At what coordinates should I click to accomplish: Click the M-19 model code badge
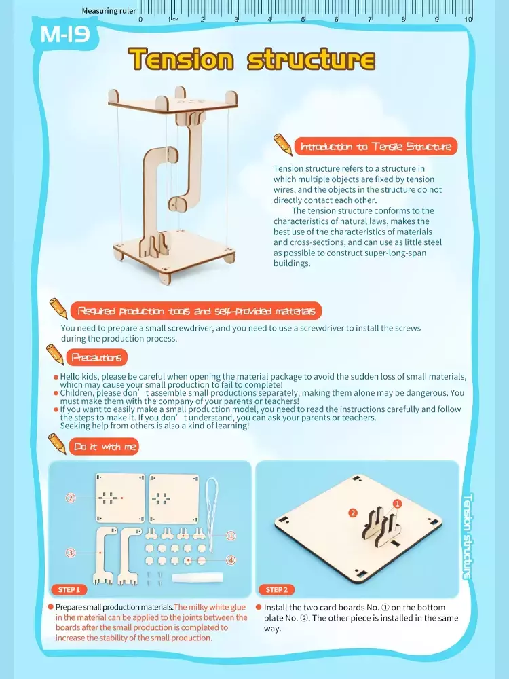tap(65, 34)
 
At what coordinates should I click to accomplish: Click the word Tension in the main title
tap(181, 59)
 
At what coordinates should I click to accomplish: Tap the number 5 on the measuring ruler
tap(303, 19)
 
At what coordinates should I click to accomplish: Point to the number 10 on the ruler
tap(468, 19)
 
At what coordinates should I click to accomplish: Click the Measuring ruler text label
tap(109, 11)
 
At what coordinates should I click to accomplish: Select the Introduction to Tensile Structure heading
tap(376, 147)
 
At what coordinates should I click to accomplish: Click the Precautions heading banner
tap(96, 357)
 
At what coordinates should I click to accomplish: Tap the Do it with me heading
tap(105, 447)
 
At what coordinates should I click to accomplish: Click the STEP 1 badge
tap(69, 589)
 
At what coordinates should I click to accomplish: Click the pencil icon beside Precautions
tap(55, 354)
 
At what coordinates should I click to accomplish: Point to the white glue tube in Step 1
tap(197, 577)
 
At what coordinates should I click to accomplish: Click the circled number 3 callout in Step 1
tap(70, 553)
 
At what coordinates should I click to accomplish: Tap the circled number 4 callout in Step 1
tap(231, 560)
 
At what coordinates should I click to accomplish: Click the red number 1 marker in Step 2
tap(397, 504)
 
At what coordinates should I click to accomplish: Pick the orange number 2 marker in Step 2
tap(353, 513)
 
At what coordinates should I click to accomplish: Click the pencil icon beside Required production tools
tap(58, 308)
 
